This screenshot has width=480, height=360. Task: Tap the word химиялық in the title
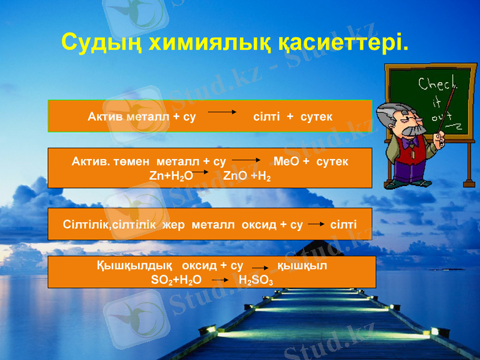click(x=203, y=41)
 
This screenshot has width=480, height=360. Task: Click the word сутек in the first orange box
click(x=316, y=116)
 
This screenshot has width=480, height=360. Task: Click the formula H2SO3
click(x=256, y=280)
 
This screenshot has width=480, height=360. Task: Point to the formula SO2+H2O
click(x=176, y=280)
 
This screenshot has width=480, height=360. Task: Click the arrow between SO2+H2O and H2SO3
click(x=220, y=280)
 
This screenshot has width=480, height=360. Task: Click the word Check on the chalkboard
click(x=437, y=84)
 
